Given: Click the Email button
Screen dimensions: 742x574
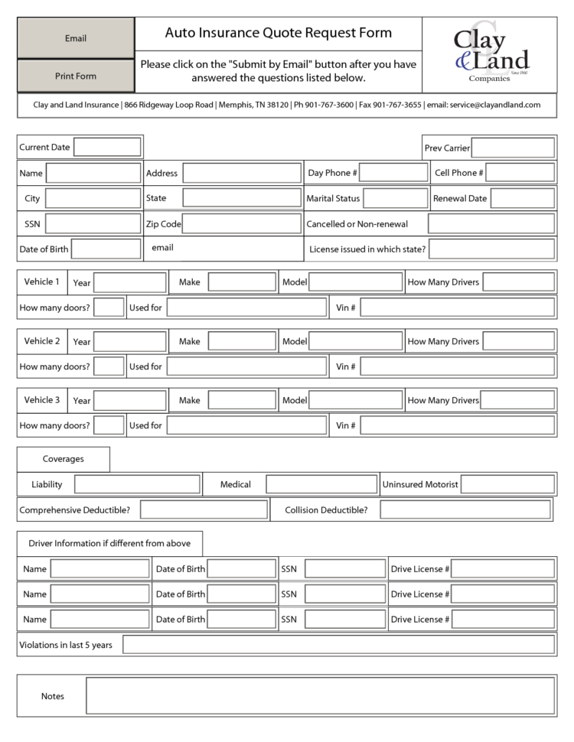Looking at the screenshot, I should [76, 38].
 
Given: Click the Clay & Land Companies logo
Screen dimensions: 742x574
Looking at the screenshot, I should [490, 54].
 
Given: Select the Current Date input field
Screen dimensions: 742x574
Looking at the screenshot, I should [107, 147].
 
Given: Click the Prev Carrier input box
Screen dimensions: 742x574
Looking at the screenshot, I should [513, 148].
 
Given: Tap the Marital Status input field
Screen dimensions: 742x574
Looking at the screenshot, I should [395, 198].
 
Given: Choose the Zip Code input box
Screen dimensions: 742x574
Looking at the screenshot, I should [241, 224].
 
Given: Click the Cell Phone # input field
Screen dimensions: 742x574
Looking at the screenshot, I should [520, 173].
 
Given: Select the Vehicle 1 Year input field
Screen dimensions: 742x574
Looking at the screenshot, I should [129, 282].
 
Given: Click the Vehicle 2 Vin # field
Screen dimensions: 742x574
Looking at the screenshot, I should [457, 366].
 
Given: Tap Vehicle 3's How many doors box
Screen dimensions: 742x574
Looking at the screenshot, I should [109, 425].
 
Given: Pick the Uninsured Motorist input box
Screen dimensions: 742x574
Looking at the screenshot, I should [507, 484].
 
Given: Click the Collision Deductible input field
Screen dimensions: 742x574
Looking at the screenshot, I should [465, 509].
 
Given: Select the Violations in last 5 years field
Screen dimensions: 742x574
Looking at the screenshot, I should [338, 645].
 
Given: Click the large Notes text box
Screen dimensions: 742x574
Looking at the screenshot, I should [320, 696].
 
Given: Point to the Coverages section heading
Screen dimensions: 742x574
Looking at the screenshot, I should [64, 459].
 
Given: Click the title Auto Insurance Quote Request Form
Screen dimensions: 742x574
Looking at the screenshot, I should [279, 33].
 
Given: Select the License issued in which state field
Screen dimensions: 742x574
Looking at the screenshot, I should [491, 249].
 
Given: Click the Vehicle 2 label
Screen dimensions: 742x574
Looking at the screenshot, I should [42, 341].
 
